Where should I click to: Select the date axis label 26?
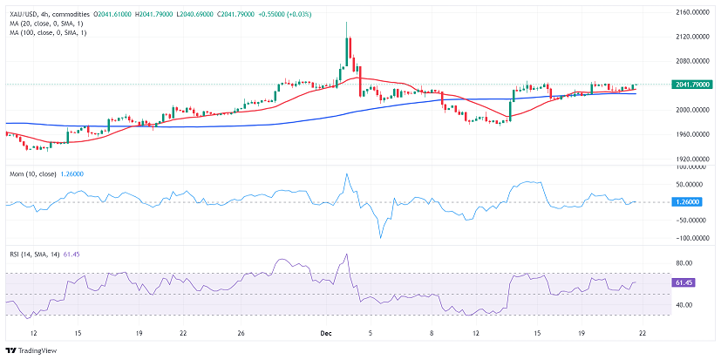tap(241, 332)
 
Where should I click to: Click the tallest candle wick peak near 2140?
tap(346, 24)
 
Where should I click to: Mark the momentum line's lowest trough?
tap(380, 238)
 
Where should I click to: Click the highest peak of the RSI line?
tap(346, 255)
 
